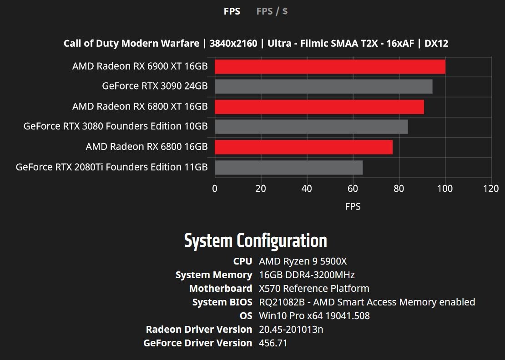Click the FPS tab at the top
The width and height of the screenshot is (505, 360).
232,11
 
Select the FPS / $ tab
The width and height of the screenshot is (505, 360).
272,11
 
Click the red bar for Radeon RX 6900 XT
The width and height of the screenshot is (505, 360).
330,67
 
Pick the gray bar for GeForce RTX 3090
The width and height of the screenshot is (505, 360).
323,86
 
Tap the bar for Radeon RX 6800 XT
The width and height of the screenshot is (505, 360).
319,107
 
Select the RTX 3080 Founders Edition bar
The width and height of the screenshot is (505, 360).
311,127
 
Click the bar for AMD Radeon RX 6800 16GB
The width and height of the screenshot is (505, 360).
303,147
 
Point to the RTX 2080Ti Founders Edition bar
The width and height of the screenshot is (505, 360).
288,167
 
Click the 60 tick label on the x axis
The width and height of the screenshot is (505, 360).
353,189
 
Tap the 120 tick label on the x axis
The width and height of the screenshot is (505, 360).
491,189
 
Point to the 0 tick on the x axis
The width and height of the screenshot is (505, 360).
215,189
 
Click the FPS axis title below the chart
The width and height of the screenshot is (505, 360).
353,207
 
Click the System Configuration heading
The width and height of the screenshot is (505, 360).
255,240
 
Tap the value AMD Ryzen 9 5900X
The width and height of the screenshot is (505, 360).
303,261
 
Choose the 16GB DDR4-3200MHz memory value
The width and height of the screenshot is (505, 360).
307,275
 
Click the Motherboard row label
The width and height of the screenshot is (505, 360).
220,289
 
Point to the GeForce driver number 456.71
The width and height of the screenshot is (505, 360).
273,343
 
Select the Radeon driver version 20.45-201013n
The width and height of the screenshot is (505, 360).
291,330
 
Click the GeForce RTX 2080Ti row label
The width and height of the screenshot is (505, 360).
111,167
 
